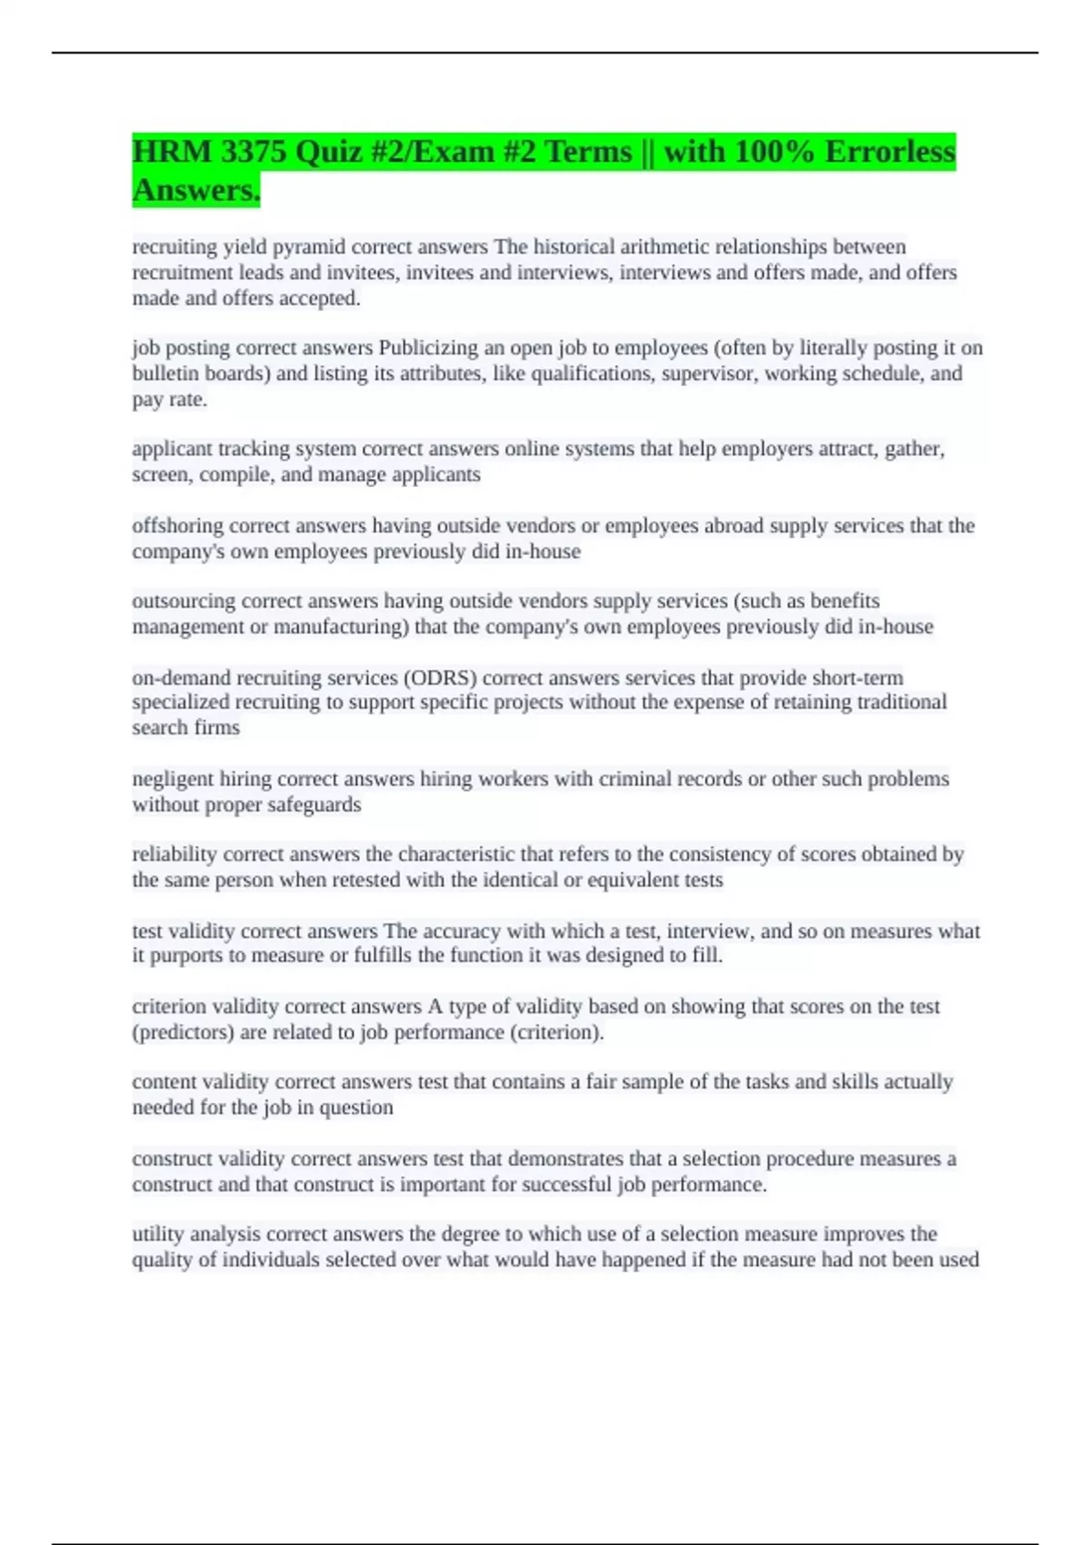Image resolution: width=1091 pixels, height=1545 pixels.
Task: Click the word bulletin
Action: click(x=165, y=374)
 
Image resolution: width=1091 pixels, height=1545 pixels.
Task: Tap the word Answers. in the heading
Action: click(x=196, y=190)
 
